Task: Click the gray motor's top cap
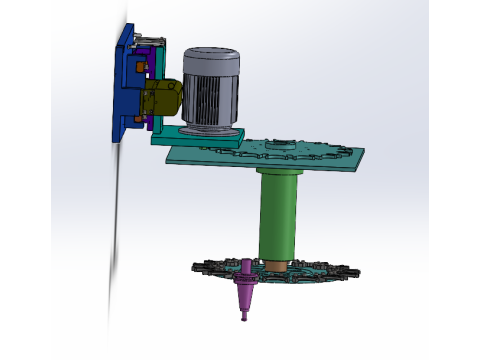pyautogui.click(x=211, y=58)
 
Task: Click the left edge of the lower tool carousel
pyautogui.click(x=198, y=268)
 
